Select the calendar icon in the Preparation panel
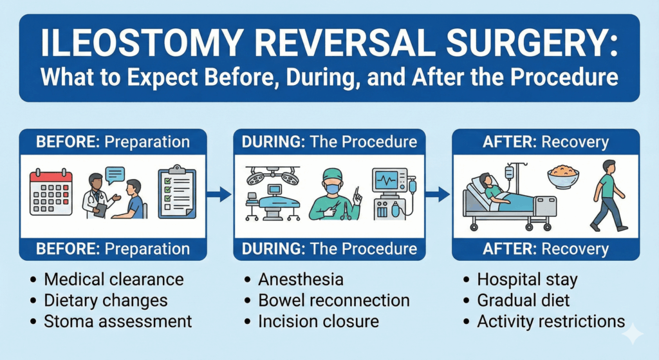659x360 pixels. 51,192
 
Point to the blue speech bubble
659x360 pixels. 116,175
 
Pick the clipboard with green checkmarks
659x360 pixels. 178,193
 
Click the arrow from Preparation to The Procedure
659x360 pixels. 221,193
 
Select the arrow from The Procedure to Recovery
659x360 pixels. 439,193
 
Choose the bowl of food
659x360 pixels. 563,178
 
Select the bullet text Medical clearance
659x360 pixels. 114,279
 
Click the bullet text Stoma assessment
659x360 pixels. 118,320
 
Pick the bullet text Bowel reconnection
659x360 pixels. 333,300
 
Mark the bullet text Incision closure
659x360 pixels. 319,320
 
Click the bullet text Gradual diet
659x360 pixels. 523,300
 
